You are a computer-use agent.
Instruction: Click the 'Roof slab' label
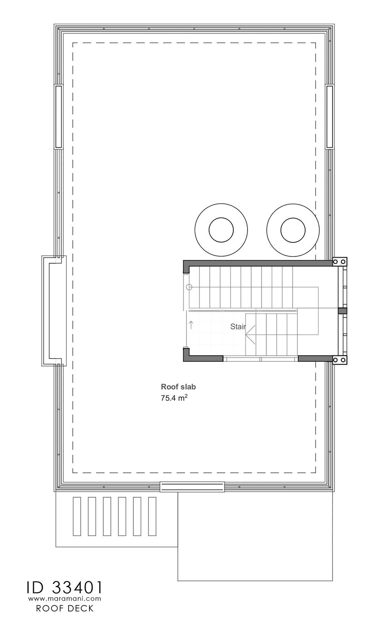(178, 387)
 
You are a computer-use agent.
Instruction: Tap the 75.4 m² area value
(174, 398)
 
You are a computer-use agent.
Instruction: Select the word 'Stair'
(238, 327)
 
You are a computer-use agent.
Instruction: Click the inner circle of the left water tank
(221, 230)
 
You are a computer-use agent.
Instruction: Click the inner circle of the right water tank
(293, 230)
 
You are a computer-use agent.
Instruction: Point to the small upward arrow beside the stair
(191, 325)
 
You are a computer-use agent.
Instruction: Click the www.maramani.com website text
(65, 598)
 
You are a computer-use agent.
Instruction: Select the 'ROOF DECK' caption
(65, 609)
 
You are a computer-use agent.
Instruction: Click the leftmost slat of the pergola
(77, 516)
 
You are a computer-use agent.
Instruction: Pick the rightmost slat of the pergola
(152, 516)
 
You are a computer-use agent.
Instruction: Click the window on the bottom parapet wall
(192, 487)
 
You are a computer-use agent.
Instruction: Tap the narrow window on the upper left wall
(59, 117)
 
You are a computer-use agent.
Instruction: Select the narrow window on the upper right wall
(329, 117)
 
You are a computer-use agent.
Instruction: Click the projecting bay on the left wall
(49, 311)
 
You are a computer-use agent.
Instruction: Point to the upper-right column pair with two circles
(340, 262)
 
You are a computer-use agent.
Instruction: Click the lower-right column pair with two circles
(340, 360)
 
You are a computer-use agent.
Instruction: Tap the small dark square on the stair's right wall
(342, 311)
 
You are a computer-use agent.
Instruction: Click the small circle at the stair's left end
(189, 287)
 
